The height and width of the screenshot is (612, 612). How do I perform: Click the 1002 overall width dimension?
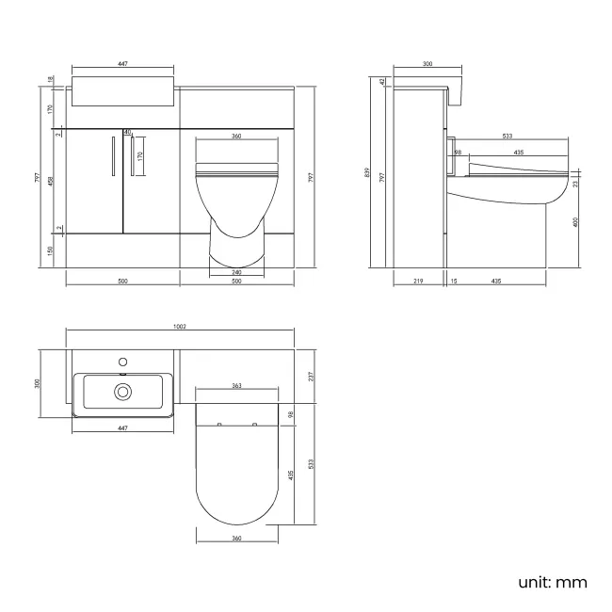coord(180,326)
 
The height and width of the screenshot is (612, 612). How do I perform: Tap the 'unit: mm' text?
coord(552,582)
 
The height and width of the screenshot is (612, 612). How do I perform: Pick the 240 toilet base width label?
coord(236,271)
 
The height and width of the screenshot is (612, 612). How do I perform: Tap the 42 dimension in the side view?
coord(383,82)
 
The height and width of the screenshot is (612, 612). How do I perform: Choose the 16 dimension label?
coord(454,281)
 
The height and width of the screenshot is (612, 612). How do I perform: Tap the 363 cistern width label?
coord(236,387)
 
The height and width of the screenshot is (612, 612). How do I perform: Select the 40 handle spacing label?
coord(128,132)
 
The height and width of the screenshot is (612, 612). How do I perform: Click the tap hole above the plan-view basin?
coord(122,361)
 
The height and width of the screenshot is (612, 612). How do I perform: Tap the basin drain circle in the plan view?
coord(122,391)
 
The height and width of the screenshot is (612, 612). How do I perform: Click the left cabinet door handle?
coord(113,156)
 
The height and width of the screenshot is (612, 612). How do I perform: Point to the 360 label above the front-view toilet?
coord(236,137)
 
